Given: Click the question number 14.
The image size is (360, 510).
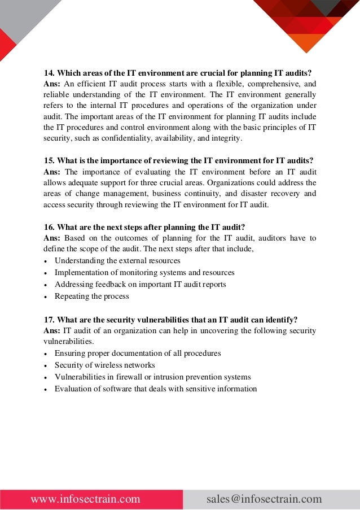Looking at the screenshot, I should pyautogui.click(x=49, y=73).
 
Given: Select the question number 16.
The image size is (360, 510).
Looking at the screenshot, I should pyautogui.click(x=49, y=228).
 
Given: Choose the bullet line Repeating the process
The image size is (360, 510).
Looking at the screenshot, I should pyautogui.click(x=91, y=296).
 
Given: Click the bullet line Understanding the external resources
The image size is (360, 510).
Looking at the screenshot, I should pyautogui.click(x=117, y=260).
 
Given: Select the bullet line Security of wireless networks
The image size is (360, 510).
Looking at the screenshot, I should pyautogui.click(x=104, y=365).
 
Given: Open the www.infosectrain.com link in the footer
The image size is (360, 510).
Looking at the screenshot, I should pyautogui.click(x=85, y=499).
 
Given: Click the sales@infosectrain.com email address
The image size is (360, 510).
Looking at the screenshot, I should pyautogui.click(x=264, y=499).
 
